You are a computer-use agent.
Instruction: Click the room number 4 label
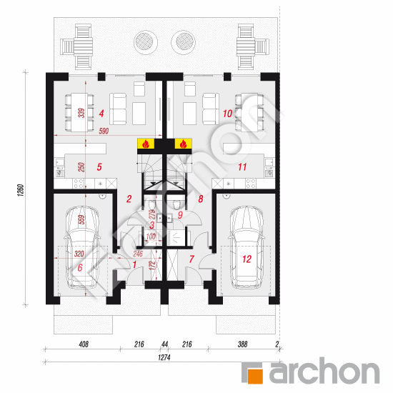102,113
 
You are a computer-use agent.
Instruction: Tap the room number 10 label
226,113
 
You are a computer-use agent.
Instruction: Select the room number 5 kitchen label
100,166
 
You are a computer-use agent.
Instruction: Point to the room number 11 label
242,166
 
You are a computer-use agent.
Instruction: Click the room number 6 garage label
80,267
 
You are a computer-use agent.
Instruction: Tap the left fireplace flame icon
145,144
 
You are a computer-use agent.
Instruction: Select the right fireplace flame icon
183,144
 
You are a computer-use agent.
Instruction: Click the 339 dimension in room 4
82,114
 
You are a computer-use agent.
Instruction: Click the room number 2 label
129,199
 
